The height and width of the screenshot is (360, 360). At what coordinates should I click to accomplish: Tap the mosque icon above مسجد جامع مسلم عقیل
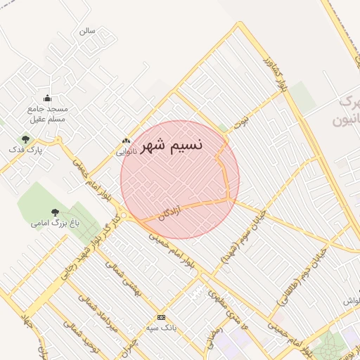47,98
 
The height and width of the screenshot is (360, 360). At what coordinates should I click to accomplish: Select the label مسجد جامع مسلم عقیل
47,114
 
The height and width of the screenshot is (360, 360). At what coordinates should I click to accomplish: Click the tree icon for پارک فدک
26,139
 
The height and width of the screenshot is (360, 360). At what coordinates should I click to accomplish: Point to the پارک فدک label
26,150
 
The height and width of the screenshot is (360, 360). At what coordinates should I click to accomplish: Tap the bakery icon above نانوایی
126,141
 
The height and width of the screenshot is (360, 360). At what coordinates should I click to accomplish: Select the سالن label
87,31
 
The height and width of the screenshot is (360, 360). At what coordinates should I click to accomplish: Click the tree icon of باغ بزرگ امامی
55,212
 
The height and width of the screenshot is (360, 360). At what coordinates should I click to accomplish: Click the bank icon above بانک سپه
161,318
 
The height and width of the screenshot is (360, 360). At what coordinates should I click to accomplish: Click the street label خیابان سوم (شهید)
243,236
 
